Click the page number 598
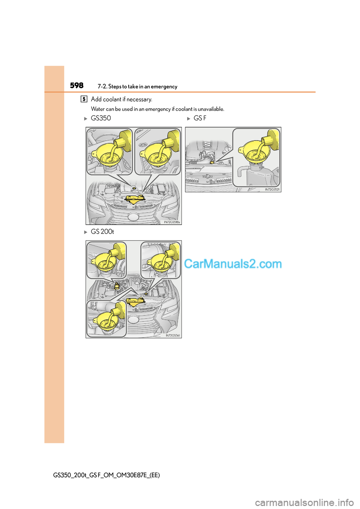click(x=76, y=85)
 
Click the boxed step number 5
click(x=84, y=99)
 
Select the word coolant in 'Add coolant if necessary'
click(x=112, y=99)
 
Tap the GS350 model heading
click(x=101, y=118)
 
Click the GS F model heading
click(x=200, y=118)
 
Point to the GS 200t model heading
click(x=102, y=232)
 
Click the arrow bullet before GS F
click(x=189, y=118)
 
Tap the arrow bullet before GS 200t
click(x=86, y=232)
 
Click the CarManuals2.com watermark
click(x=233, y=264)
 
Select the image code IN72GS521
click(x=272, y=190)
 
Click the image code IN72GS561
click(x=173, y=335)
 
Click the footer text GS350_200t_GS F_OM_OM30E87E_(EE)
click(x=106, y=475)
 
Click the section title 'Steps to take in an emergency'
click(x=142, y=87)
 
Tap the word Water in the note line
click(x=98, y=109)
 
